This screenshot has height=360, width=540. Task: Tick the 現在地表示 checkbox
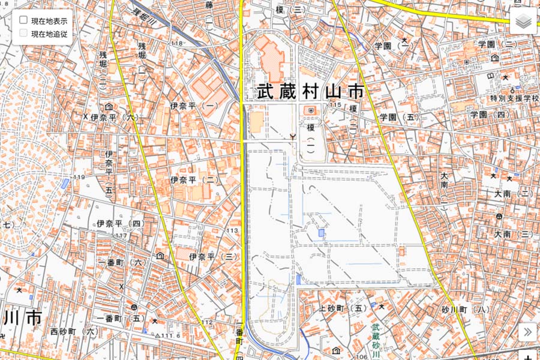pos(23,20)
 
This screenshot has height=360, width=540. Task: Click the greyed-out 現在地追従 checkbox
pos(23,34)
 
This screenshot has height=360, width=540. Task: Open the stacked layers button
pos(524,23)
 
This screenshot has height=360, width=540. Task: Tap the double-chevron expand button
pos(527,332)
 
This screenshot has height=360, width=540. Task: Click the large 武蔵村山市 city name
pos(310,92)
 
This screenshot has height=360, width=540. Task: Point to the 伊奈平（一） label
pos(193,106)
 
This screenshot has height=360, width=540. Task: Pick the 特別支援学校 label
pos(514,98)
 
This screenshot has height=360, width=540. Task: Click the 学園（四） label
pos(490,115)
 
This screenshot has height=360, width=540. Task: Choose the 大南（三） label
pos(514,234)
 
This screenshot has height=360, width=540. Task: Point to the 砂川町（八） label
pos(466,310)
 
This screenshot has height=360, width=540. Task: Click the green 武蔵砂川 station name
pos(376,339)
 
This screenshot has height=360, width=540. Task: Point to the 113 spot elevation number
pos(232,230)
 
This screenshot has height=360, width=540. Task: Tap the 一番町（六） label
pos(121,263)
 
